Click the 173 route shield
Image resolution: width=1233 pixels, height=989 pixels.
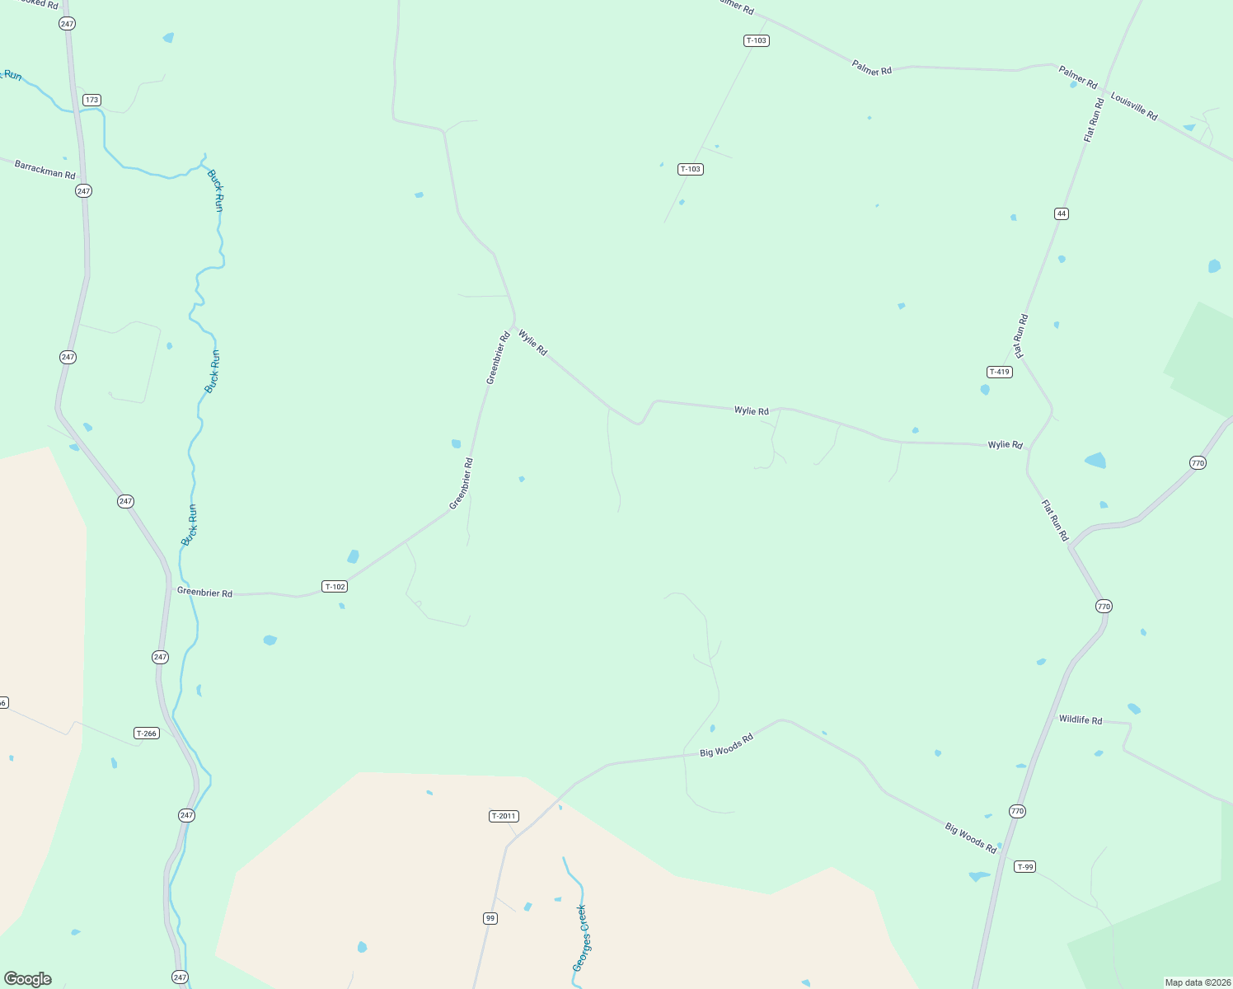[x=91, y=100]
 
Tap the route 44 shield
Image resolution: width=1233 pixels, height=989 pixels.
[x=1061, y=213]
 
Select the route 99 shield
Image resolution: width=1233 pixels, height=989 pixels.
[x=490, y=918]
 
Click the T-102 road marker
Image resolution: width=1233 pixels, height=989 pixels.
[x=335, y=587]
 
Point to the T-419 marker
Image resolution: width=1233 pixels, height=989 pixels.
[x=999, y=372]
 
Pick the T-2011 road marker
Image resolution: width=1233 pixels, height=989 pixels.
[x=504, y=816]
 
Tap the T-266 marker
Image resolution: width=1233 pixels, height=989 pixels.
[x=146, y=734]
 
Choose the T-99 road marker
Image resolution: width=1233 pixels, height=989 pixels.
[x=1024, y=866]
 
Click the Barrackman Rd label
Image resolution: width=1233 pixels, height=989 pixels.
[x=45, y=170]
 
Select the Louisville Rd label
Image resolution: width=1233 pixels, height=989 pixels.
[x=1134, y=106]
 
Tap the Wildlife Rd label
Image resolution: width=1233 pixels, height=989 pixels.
[x=1081, y=719]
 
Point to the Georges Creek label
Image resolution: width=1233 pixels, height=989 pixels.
[x=581, y=938]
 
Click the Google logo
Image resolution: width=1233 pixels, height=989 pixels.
[x=28, y=979]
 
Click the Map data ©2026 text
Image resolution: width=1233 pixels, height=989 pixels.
[x=1198, y=982]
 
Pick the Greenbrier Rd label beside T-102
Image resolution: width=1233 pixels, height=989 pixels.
[x=204, y=593]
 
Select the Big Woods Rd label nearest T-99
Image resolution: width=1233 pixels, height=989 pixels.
[x=970, y=837]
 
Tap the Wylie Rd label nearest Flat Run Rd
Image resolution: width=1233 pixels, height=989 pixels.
[x=1006, y=444]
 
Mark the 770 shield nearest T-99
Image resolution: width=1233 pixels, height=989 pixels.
[x=1017, y=811]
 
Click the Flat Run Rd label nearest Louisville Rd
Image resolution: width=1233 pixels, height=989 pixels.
[x=1094, y=120]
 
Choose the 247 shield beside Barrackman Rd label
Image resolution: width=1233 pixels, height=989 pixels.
[x=83, y=190]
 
